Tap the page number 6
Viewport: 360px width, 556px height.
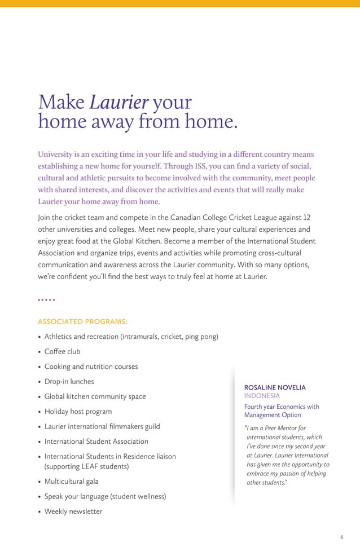click(x=341, y=537)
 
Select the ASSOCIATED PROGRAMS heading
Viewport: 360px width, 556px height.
click(x=82, y=321)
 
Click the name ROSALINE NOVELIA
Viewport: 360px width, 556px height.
click(x=275, y=387)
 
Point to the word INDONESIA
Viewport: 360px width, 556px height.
click(x=262, y=396)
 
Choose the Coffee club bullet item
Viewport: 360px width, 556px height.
click(x=62, y=351)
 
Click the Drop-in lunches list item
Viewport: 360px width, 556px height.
click(x=69, y=382)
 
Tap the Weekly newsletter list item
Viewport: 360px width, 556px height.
click(x=73, y=511)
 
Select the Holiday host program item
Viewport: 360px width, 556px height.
click(x=78, y=412)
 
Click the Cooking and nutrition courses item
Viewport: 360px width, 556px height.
click(x=91, y=367)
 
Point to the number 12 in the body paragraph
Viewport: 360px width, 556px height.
click(x=307, y=218)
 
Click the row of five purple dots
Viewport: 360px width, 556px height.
click(x=46, y=300)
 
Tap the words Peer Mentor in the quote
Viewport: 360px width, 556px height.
click(x=288, y=428)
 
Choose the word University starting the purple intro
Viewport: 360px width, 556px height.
click(x=56, y=155)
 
